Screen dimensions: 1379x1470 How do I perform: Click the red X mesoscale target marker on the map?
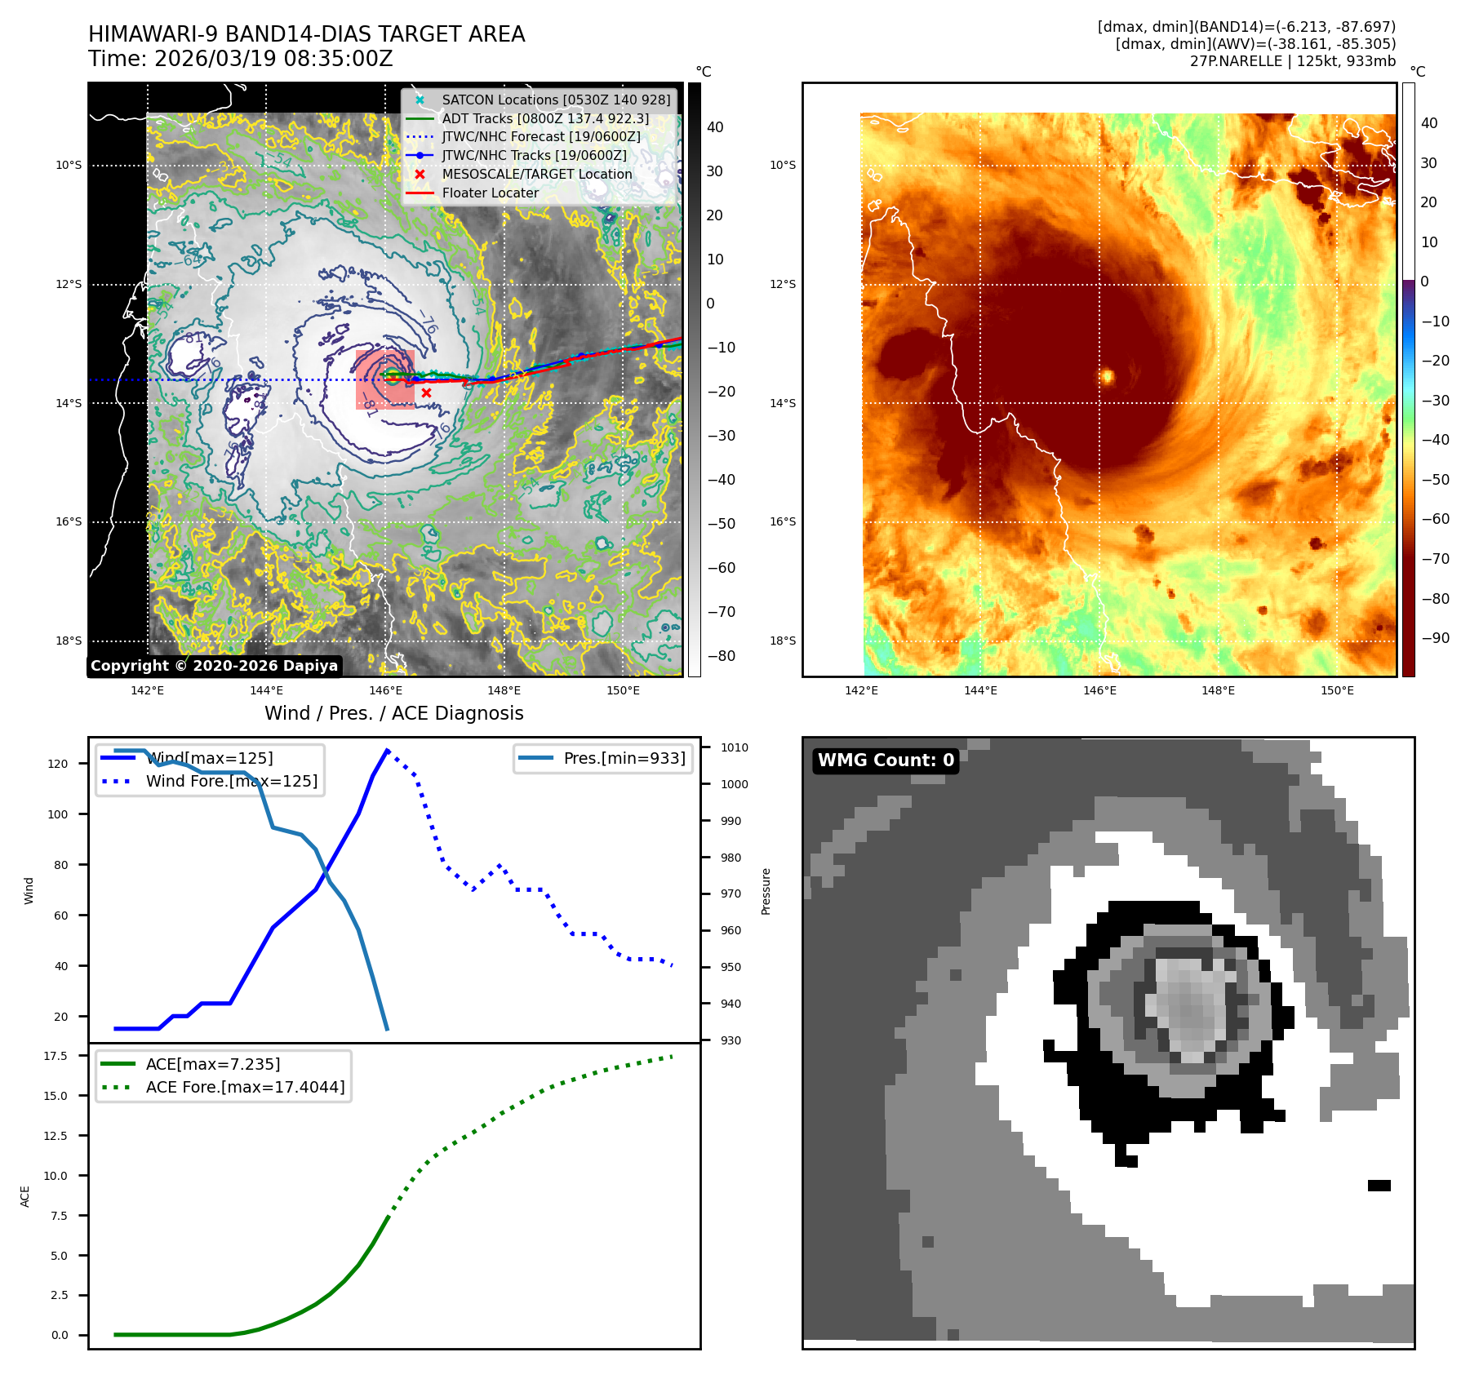[x=426, y=393]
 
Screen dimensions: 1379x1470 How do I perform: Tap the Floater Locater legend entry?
[x=490, y=193]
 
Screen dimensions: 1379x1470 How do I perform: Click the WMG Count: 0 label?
[x=886, y=760]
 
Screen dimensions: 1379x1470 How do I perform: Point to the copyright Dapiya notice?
[x=214, y=666]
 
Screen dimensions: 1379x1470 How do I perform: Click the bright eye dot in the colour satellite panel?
[x=1108, y=376]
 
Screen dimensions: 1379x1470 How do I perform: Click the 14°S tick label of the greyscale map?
[x=69, y=403]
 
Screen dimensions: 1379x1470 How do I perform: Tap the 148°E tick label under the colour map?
[x=1218, y=690]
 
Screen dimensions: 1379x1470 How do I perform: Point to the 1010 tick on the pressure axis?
[x=734, y=747]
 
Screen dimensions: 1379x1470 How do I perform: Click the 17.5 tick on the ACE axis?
[x=56, y=1056]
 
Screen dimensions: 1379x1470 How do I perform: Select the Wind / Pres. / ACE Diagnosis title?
[x=394, y=713]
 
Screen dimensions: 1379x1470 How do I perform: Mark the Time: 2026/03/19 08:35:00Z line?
[x=241, y=59]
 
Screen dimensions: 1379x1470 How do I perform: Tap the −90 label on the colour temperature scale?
[x=1435, y=638]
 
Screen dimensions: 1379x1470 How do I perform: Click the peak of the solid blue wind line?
[x=387, y=750]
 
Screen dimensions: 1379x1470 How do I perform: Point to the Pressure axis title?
[x=766, y=891]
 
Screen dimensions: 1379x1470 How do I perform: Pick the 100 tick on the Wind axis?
[x=58, y=814]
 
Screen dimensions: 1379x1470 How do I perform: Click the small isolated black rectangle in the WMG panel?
[x=1379, y=1186]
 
